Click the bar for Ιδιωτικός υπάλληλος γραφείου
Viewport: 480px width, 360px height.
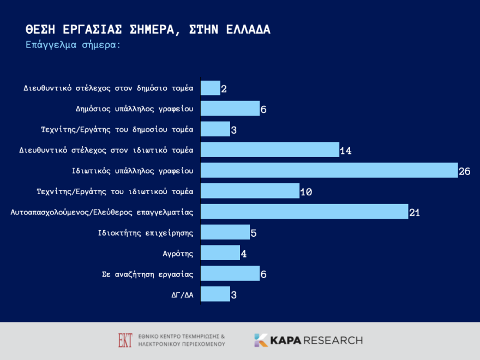(329, 170)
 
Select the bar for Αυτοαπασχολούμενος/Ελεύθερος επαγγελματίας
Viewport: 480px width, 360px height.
(304, 212)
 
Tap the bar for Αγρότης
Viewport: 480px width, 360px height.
(220, 253)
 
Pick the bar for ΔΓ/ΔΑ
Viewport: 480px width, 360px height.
(215, 294)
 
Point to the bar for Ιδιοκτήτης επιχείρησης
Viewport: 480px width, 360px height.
(225, 232)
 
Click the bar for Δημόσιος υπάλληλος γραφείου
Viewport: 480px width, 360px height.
(230, 109)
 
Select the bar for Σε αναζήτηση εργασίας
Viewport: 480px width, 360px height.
(230, 273)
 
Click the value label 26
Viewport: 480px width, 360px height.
(464, 172)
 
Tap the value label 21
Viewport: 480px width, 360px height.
(415, 213)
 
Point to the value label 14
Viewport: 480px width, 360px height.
(345, 151)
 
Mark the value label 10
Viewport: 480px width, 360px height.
(305, 192)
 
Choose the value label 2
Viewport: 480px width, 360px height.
(224, 89)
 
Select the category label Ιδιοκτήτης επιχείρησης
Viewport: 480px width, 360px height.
(146, 233)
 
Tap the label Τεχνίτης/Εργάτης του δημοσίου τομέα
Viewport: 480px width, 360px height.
(118, 129)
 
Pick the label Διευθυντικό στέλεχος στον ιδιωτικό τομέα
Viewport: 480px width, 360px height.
(106, 150)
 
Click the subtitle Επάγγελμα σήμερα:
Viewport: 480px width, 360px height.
(73, 45)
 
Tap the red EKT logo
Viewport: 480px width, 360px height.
(125, 340)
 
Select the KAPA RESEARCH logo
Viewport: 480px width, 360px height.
(308, 340)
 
